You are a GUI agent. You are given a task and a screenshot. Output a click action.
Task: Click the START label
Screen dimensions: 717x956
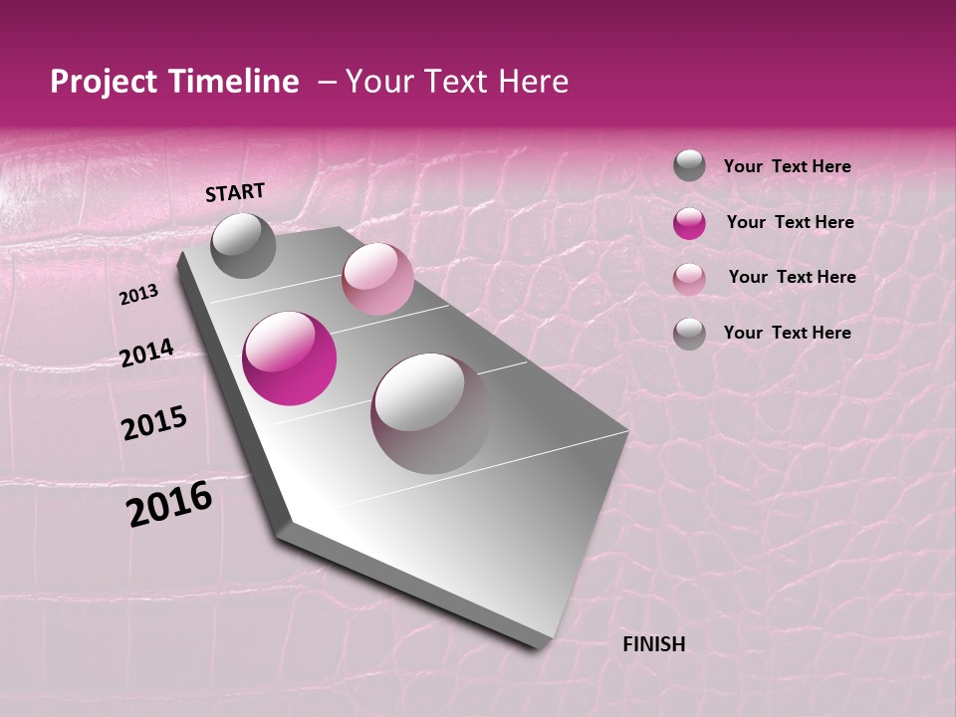pos(235,192)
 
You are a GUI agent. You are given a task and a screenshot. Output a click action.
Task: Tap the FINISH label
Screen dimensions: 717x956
pos(653,644)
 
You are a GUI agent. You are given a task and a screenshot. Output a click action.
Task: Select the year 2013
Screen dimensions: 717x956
pos(138,295)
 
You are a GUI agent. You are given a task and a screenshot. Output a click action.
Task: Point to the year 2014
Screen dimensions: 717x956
pos(146,353)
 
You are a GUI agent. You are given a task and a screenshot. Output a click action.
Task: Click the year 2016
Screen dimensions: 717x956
pos(169,504)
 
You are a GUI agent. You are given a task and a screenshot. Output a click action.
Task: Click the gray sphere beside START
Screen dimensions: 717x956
pos(243,245)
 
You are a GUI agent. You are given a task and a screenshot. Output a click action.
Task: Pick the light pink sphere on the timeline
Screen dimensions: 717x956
pos(377,279)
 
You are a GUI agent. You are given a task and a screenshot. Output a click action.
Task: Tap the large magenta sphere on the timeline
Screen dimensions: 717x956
pos(290,358)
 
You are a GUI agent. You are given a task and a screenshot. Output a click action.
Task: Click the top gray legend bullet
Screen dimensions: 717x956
pos(689,165)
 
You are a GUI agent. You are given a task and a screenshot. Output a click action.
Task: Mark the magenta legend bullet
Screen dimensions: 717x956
pos(689,223)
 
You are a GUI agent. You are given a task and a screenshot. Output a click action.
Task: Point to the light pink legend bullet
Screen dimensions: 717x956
pos(689,279)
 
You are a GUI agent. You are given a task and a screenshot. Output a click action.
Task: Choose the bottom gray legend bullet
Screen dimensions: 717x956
pos(689,333)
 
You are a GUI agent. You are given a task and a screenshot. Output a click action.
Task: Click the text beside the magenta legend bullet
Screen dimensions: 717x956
pos(790,222)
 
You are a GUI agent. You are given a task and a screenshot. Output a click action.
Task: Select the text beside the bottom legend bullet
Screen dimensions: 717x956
pos(787,333)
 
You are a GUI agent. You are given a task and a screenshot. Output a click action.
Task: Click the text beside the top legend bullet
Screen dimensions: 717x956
pos(787,166)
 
